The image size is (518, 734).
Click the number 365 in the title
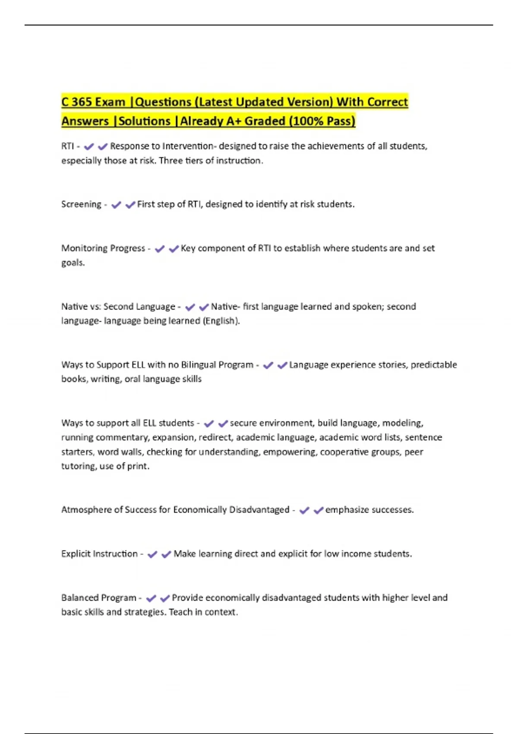tap(82, 102)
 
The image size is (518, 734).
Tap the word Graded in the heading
tap(265, 121)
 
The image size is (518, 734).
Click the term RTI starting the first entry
tap(67, 146)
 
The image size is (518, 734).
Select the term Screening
tap(81, 204)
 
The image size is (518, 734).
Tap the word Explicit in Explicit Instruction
tap(76, 554)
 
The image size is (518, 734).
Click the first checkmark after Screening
tap(116, 205)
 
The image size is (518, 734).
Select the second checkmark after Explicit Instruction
tap(166, 554)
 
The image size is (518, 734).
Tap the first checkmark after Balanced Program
tap(151, 598)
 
